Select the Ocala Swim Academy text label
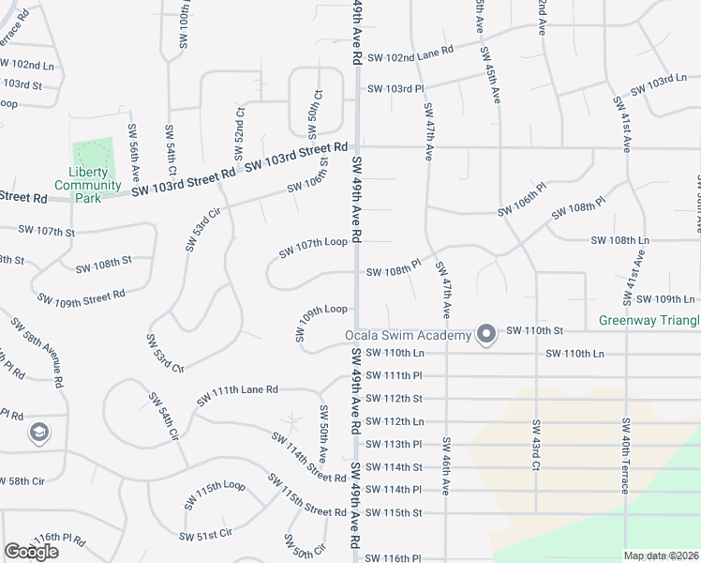(x=407, y=336)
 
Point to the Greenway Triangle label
(x=649, y=321)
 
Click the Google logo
(x=31, y=552)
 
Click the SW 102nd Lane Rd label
(x=410, y=56)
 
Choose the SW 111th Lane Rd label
(x=237, y=394)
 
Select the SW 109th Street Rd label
(x=82, y=297)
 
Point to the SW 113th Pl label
(x=394, y=444)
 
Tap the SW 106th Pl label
(x=521, y=205)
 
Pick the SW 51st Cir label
(x=206, y=535)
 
